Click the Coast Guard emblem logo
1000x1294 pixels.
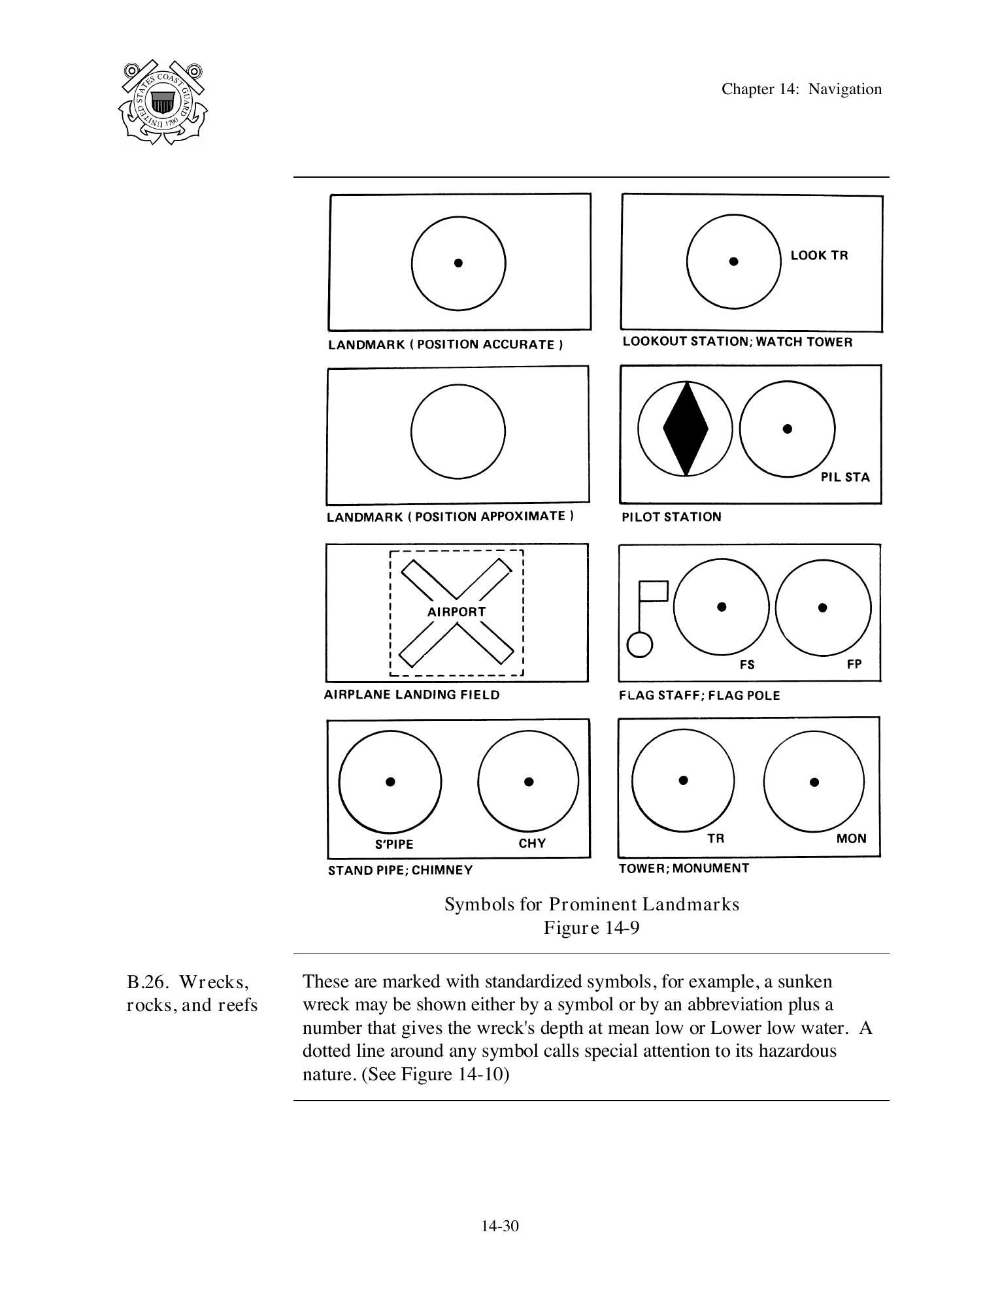163,102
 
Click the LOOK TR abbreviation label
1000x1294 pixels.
819,256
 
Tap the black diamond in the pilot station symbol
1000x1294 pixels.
686,429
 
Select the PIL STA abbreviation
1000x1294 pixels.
845,477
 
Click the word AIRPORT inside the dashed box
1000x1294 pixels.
457,612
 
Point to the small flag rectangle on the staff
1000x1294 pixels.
653,591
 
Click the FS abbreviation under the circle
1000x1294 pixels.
747,665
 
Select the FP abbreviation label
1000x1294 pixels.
854,664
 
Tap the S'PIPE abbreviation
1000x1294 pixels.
394,844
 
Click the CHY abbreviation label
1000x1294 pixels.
532,843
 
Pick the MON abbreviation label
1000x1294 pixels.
851,838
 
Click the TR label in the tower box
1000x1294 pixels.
716,838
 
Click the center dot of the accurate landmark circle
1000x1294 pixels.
458,263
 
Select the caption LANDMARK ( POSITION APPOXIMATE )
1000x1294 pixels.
450,517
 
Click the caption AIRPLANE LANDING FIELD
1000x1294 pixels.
412,695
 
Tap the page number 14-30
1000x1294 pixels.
500,1226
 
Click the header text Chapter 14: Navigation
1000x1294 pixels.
801,89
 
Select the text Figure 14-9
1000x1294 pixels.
592,928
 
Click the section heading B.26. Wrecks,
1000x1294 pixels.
188,982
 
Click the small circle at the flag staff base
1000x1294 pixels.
639,645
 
